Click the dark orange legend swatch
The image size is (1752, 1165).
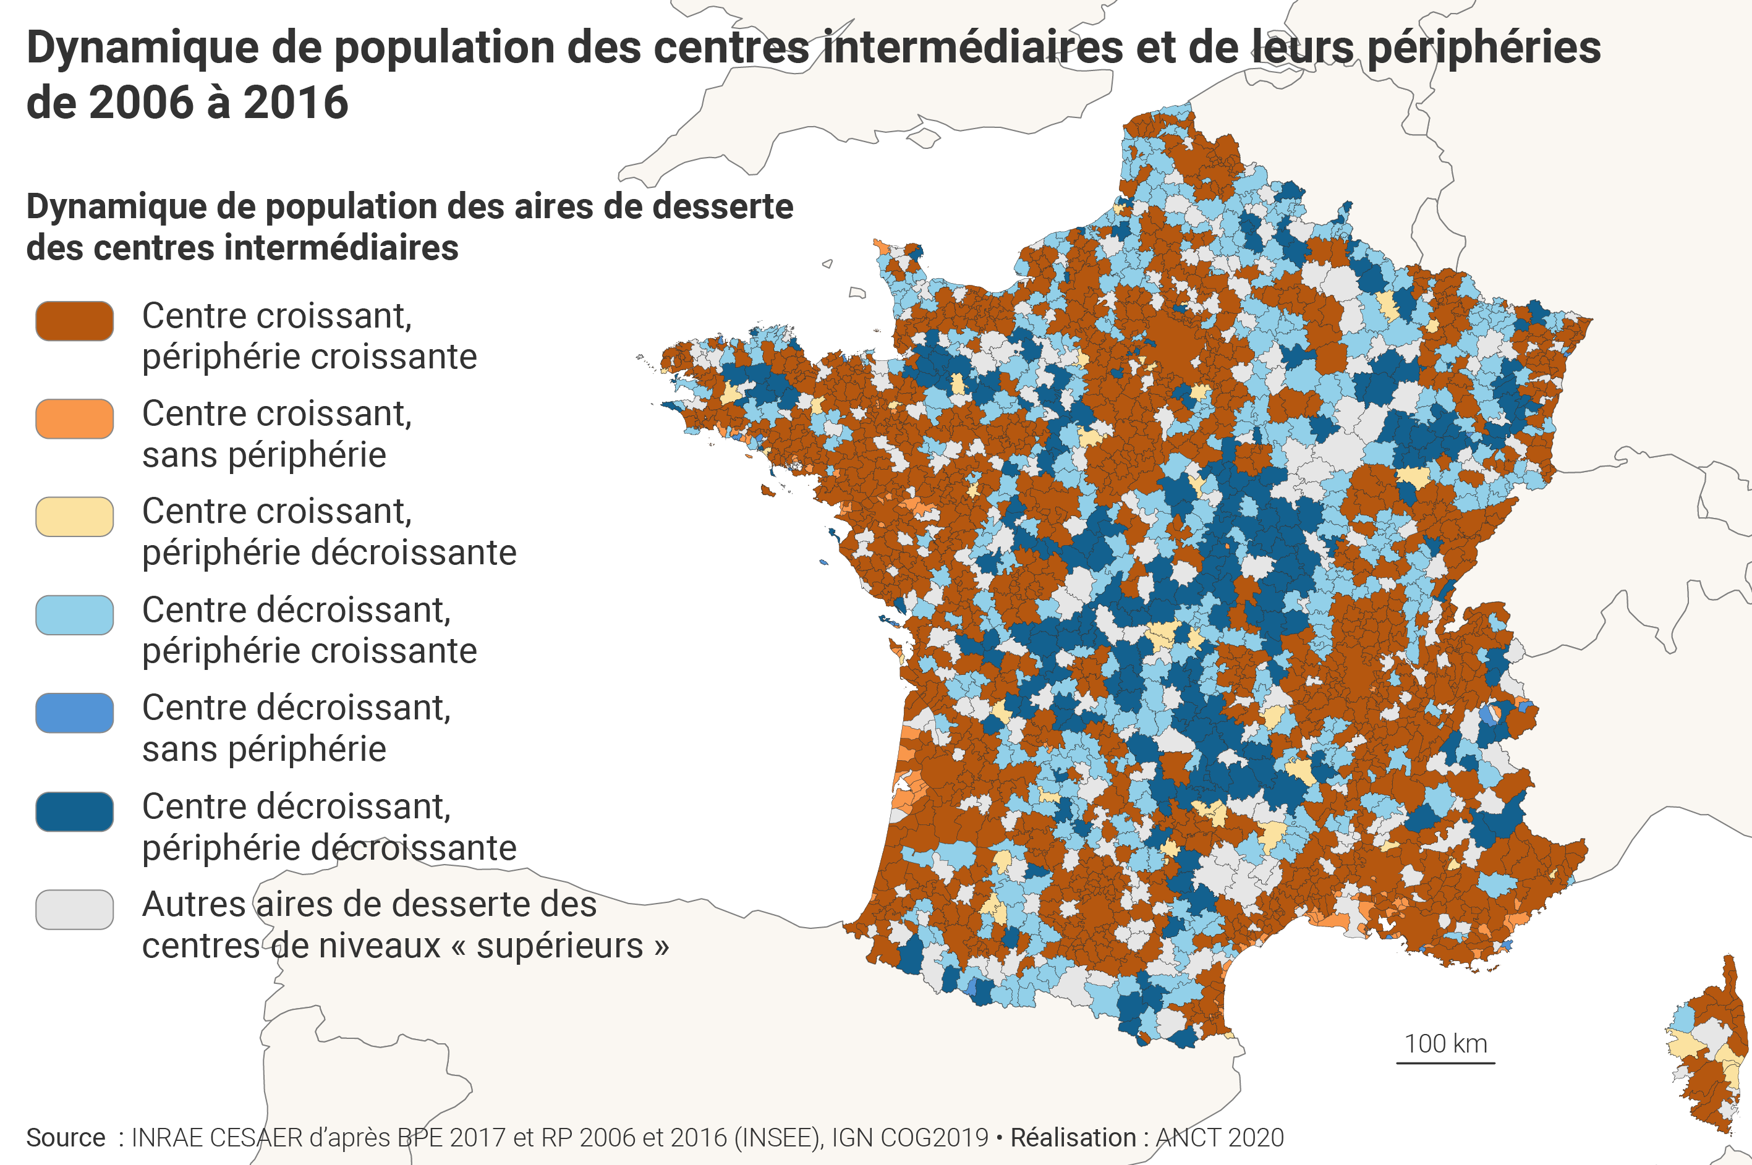[74, 321]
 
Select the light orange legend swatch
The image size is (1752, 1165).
[74, 419]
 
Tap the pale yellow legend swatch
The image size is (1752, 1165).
[74, 517]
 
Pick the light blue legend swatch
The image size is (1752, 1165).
[74, 615]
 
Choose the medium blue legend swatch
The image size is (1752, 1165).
[74, 713]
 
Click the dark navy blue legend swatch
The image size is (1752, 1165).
[74, 812]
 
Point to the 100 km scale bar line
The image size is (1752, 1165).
[1445, 1063]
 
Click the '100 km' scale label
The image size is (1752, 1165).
[1445, 1044]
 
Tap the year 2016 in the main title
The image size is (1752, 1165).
[296, 103]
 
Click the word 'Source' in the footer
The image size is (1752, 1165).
[66, 1138]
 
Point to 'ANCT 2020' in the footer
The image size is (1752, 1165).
[1219, 1138]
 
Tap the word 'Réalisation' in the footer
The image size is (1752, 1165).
[1072, 1138]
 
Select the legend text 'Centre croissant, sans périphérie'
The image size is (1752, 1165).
[276, 434]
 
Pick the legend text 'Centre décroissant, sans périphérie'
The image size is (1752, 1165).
[296, 728]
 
